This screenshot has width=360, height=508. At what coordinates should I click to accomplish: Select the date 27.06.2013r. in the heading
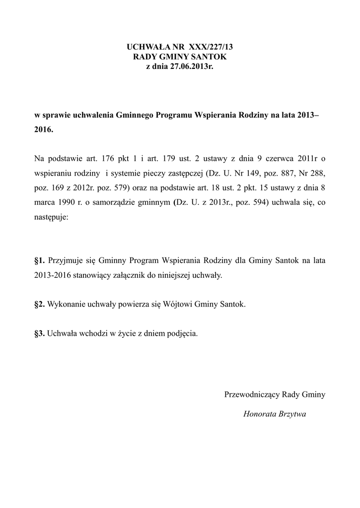point(187,66)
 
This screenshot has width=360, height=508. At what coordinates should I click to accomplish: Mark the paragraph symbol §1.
point(40,260)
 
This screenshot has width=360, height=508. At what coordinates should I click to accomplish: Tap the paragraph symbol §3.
point(40,333)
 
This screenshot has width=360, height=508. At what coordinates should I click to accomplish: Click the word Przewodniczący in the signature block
point(252,395)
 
